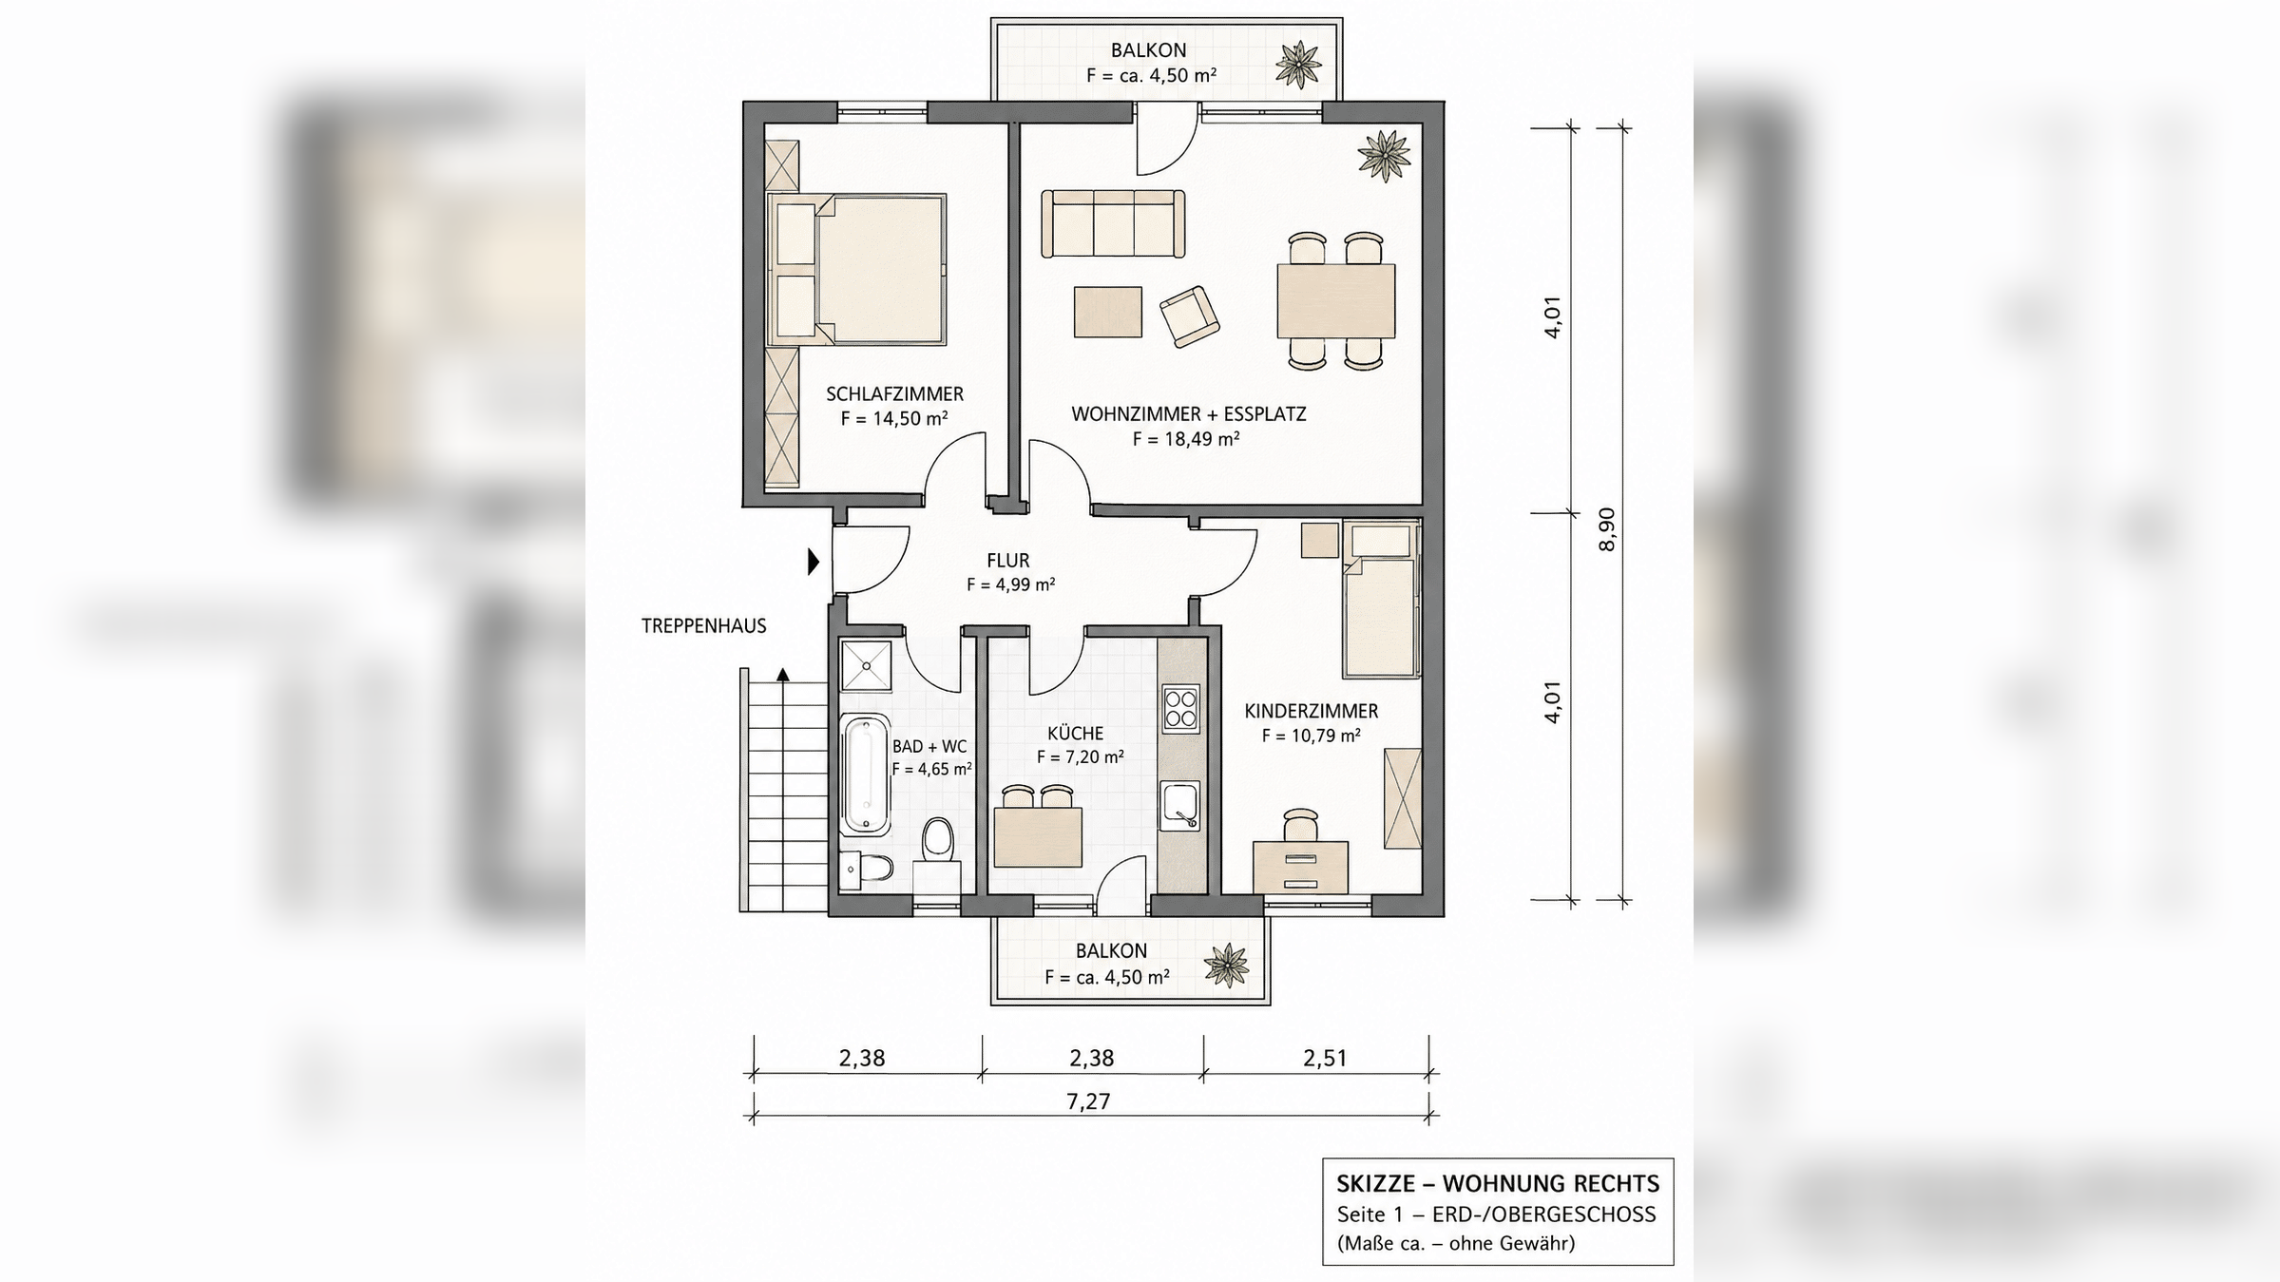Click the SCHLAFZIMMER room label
click(894, 393)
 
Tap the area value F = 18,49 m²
click(1186, 439)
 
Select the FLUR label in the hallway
click(1008, 561)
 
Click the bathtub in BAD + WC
click(865, 775)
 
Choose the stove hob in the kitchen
click(1180, 709)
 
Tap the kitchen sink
click(1179, 806)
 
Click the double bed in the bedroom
click(857, 269)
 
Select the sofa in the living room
click(1113, 223)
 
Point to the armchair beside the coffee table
click(1190, 316)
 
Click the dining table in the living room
click(1336, 301)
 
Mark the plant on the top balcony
click(1298, 65)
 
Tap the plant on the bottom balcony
click(1226, 966)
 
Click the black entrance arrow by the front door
click(814, 562)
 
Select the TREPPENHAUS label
click(703, 626)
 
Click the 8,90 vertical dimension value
click(1607, 529)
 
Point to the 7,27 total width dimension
click(1088, 1101)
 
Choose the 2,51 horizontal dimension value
click(1325, 1058)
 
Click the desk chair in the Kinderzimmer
click(1300, 824)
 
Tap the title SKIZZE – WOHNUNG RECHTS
click(1498, 1184)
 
